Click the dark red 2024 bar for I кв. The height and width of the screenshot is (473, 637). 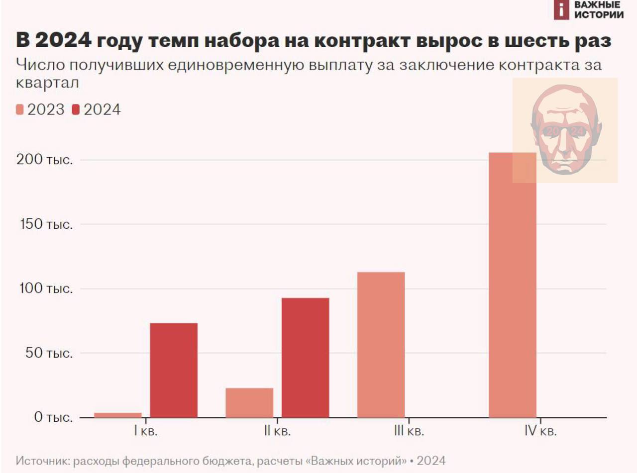pos(174,370)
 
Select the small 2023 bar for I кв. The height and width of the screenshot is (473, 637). pos(117,415)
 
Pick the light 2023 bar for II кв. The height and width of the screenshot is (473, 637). pos(249,402)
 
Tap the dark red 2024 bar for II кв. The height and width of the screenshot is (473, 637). pos(305,358)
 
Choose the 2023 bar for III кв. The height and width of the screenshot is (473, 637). pos(381,345)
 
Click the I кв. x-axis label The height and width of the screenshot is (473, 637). pos(146,431)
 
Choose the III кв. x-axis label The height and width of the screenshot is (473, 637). pos(409,431)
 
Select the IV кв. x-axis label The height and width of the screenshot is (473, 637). pos(540,431)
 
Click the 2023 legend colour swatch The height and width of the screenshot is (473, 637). pos(20,109)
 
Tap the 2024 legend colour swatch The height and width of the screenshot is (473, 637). pos(76,109)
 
